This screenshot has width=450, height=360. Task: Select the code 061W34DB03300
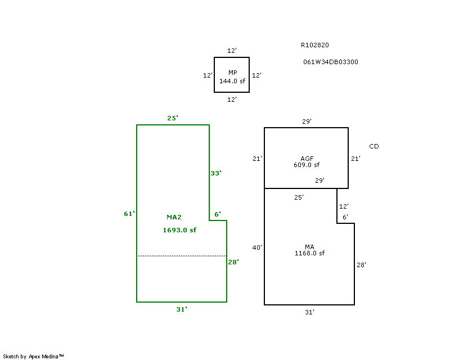(330, 62)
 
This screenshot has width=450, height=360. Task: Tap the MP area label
(232, 73)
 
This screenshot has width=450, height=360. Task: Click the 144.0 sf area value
(232, 81)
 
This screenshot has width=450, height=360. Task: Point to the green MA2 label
(174, 217)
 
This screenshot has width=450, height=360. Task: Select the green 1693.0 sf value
(179, 229)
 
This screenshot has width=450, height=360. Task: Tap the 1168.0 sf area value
(309, 253)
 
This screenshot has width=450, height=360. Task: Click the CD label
(373, 146)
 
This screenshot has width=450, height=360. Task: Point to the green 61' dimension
(129, 214)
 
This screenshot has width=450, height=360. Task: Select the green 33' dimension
(216, 173)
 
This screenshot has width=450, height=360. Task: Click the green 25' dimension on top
(173, 118)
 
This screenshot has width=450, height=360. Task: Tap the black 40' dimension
(257, 247)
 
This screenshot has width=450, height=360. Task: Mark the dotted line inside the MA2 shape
(182, 256)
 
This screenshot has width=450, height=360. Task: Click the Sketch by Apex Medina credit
(33, 356)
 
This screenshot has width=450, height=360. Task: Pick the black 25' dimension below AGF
(299, 197)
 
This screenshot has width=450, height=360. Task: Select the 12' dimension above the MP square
(232, 51)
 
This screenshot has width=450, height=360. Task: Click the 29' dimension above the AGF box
(307, 121)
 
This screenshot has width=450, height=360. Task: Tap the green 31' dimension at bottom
(182, 309)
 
